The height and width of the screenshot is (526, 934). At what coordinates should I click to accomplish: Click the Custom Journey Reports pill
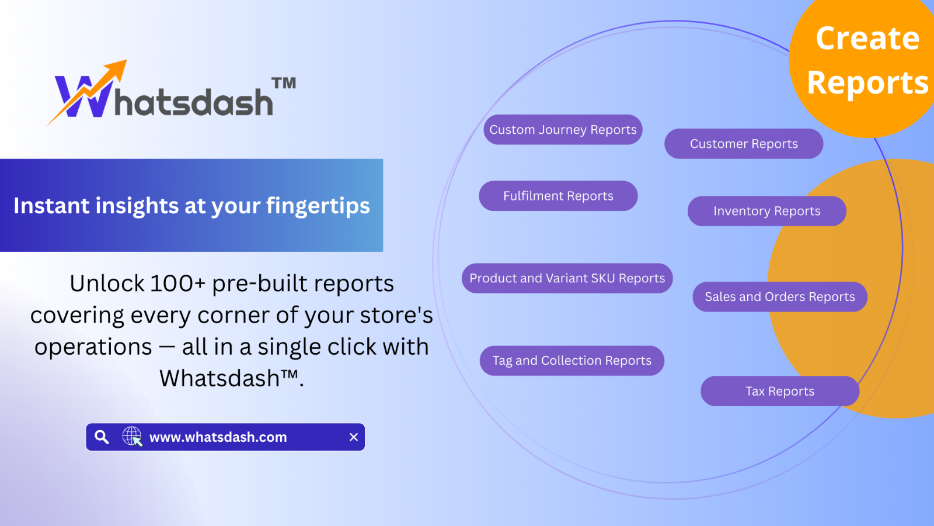(563, 130)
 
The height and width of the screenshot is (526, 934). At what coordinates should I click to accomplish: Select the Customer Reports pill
(744, 144)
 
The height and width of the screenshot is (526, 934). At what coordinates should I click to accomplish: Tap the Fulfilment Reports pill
(558, 196)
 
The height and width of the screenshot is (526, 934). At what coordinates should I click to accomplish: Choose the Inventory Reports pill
(767, 211)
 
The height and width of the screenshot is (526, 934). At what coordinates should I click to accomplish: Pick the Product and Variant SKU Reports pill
(567, 278)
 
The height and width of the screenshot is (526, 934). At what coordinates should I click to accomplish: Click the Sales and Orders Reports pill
(780, 297)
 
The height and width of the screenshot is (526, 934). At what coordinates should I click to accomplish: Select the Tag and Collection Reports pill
(572, 361)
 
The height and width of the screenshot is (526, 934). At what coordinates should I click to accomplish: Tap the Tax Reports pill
(780, 391)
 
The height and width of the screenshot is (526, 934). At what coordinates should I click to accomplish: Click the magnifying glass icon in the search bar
(102, 437)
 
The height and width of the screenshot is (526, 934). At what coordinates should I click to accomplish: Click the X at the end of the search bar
(354, 437)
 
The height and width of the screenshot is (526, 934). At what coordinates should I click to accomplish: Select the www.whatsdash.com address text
(218, 437)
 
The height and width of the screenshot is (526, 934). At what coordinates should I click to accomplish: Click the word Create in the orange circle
(867, 39)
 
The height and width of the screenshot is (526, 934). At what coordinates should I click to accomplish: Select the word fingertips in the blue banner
(318, 206)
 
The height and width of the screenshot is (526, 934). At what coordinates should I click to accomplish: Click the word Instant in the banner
(51, 205)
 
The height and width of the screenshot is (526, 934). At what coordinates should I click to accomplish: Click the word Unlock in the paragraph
(107, 283)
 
